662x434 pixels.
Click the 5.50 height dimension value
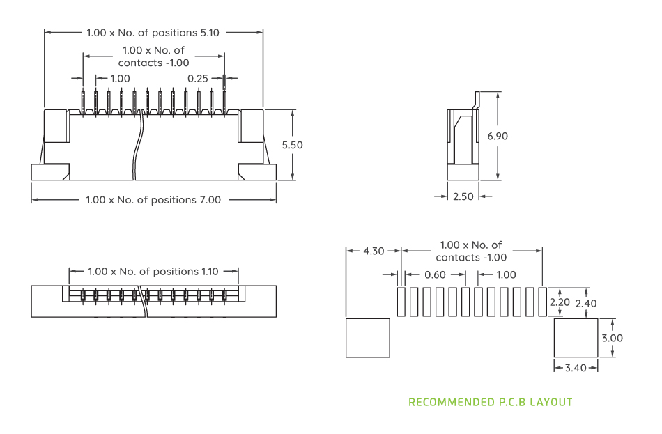[293, 145]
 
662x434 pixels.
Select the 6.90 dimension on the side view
[498, 136]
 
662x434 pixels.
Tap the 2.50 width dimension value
[463, 196]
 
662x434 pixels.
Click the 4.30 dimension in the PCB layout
[374, 251]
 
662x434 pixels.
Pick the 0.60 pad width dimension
[435, 274]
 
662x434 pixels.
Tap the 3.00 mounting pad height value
[613, 338]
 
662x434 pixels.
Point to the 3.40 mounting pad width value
[576, 368]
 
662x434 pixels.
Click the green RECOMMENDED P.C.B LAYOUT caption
[490, 403]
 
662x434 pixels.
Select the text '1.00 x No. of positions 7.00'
[153, 200]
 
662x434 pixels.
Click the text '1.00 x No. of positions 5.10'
[153, 32]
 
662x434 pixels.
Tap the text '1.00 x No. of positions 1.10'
[153, 271]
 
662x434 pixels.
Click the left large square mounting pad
[367, 338]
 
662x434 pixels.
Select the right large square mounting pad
[576, 338]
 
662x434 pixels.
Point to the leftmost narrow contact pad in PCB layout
[401, 302]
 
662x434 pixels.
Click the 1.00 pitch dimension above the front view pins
[120, 78]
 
